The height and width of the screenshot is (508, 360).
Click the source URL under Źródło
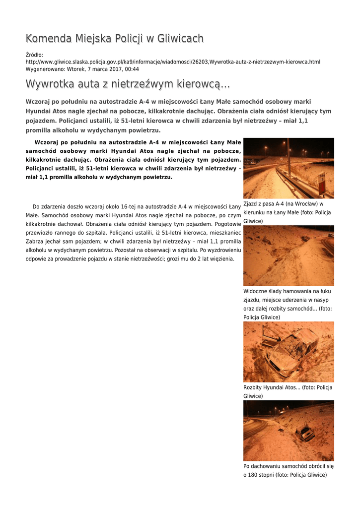point(173,62)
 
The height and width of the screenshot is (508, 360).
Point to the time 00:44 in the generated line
point(132,69)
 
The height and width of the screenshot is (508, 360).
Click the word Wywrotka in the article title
point(50,84)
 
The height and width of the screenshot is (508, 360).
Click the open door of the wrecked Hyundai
point(270,337)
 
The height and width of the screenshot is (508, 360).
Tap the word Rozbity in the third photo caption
point(253,387)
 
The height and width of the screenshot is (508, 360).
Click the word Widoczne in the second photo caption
point(256,291)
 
